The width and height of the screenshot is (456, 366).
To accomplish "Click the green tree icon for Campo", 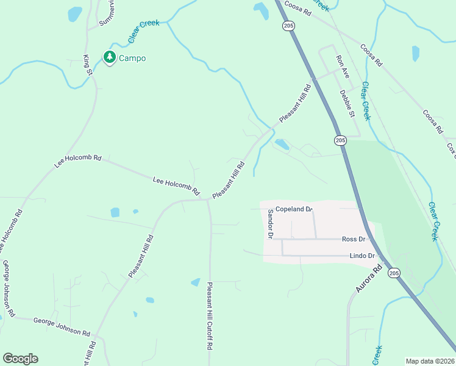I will point(110,57).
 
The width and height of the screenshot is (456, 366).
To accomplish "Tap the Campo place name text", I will point(132,59).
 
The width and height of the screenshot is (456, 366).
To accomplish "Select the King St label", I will point(87,66).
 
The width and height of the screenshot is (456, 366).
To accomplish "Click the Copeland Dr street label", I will point(294,209).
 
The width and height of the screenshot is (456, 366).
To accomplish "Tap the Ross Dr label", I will point(354,240).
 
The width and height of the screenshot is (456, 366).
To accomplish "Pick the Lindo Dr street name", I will point(362,256).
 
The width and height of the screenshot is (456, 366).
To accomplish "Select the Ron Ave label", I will point(343,68).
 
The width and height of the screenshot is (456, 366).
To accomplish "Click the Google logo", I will point(20,359).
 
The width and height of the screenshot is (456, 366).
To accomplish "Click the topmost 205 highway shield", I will point(288,26).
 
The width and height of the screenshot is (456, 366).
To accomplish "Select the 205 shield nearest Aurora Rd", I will point(394,273).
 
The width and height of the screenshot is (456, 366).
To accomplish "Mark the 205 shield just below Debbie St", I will point(340,141).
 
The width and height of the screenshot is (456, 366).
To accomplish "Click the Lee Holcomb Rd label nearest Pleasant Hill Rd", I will point(176,186).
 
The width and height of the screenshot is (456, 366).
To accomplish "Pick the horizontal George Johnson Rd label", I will point(62,327).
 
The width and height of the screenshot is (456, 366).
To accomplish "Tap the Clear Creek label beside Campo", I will point(143,32).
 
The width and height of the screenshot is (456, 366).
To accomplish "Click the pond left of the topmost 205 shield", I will point(260,10).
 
